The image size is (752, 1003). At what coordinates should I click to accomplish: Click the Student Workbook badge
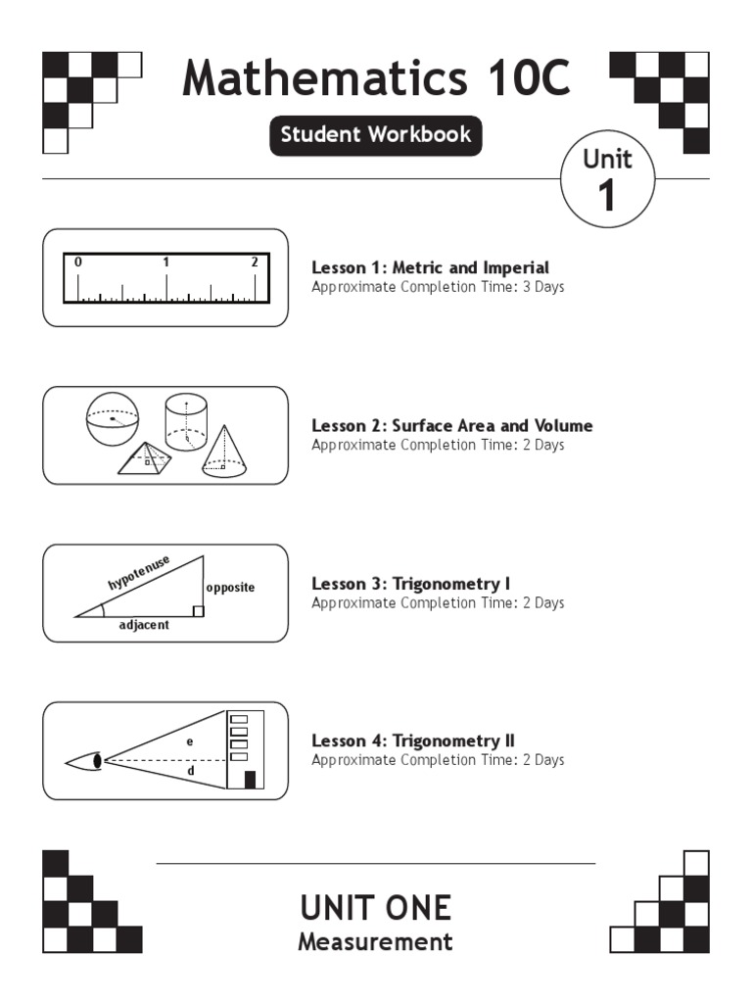pos(376,135)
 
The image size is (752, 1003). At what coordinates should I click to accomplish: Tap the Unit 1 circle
pos(607,180)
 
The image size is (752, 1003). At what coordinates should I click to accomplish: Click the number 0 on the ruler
pos(78,263)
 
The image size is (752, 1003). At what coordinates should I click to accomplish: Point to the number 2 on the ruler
pos(255,263)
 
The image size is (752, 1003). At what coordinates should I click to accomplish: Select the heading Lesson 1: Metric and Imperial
pos(430,267)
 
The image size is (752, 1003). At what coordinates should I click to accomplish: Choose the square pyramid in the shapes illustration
pos(146,458)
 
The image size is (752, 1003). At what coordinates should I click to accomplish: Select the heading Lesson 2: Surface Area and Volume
pos(451,425)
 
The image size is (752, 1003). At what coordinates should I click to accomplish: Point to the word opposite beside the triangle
pos(230,588)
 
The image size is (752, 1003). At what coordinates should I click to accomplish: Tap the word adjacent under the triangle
pos(144,625)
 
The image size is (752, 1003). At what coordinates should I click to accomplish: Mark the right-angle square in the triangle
pos(198,611)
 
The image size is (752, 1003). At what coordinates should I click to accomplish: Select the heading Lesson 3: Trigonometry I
pos(410,584)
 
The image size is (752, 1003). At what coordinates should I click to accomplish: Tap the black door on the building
pos(250,780)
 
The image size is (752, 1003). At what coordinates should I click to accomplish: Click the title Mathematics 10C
pos(376,78)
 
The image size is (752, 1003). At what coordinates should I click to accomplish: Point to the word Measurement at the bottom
pos(376,942)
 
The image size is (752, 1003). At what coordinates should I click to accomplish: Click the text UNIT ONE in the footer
pos(376,908)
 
